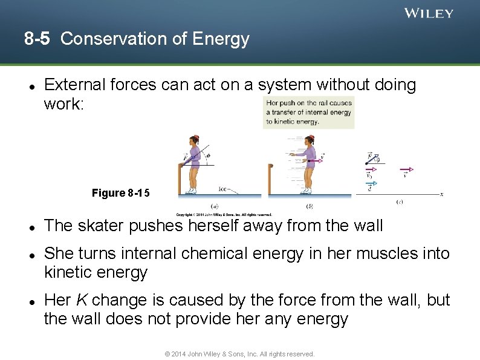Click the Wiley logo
(429, 13)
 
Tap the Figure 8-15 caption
(120, 193)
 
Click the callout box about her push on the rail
(308, 112)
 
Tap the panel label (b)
(310, 205)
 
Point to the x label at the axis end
(442, 194)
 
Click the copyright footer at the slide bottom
(240, 354)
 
